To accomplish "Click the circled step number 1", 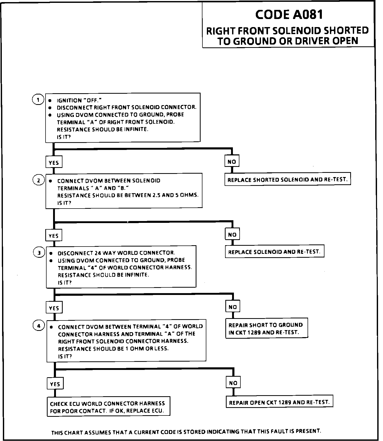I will coord(38,100).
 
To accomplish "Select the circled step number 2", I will coord(39,180).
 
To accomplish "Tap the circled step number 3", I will coord(39,253).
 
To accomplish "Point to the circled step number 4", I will coord(39,326).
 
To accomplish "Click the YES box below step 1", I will coord(54,163).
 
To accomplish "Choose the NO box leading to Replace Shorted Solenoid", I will coord(232,162).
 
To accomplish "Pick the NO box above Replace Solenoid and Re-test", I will coord(232,235).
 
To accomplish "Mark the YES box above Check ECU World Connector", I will coord(55,384).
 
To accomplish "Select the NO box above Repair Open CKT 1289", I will coord(233,383).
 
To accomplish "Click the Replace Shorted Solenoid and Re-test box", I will coord(288,180).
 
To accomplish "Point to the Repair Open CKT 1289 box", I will coord(279,402).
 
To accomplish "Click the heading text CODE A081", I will coord(289,15).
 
